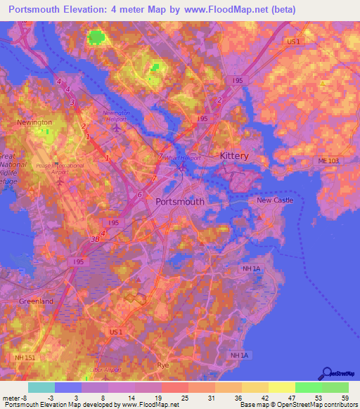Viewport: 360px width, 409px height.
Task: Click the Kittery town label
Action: click(x=234, y=155)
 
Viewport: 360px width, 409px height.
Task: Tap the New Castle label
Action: click(x=274, y=200)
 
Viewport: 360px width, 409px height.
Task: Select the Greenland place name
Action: click(x=36, y=301)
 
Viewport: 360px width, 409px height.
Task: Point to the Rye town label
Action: click(x=163, y=366)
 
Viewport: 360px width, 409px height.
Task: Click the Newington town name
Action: click(x=34, y=122)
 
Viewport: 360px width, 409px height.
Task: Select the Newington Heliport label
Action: click(x=117, y=115)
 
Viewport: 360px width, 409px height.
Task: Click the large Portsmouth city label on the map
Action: click(x=179, y=201)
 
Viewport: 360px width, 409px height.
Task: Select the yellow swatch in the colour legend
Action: click(x=281, y=387)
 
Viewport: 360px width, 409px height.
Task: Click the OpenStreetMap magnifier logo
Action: click(x=326, y=374)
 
